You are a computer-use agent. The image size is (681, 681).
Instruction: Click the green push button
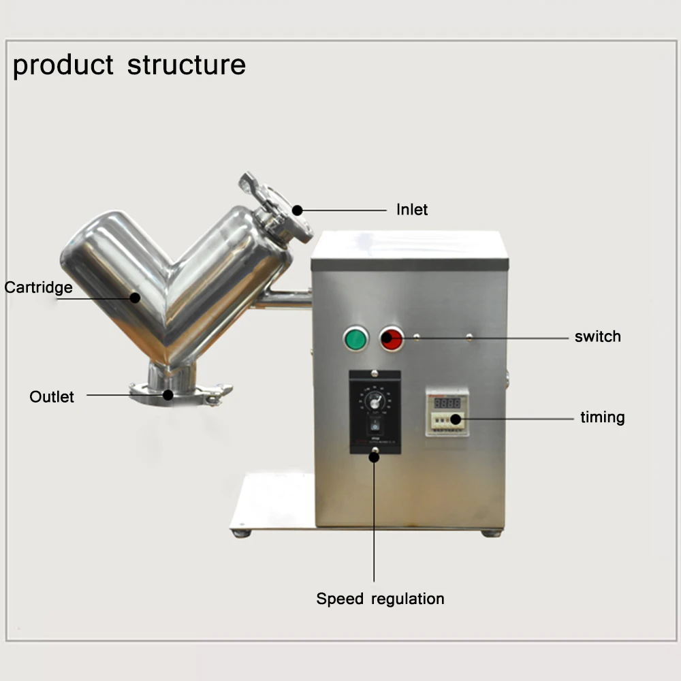355,338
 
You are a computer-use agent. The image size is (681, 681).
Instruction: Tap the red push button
392,338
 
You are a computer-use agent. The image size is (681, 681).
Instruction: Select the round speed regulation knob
374,402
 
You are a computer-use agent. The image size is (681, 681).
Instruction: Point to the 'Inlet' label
412,210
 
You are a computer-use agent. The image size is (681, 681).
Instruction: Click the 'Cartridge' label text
38,287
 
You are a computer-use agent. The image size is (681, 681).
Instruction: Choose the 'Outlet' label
52,396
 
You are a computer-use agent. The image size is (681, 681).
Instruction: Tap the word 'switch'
597,336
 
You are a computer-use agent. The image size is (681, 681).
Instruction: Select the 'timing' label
602,417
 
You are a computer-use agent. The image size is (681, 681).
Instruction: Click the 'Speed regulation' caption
380,599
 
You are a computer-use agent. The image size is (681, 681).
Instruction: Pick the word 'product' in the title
63,65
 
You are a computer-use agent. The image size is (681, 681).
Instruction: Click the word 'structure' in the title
186,65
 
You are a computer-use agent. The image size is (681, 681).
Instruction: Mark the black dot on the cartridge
135,298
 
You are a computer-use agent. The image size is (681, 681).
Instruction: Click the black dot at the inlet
298,210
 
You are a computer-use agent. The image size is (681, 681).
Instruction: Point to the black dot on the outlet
168,394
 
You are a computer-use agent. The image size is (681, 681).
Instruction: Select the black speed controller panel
373,411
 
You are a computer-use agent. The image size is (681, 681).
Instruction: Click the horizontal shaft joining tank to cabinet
286,297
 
